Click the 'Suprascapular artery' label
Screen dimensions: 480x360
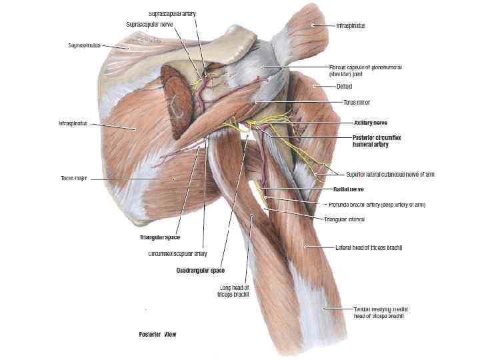172,13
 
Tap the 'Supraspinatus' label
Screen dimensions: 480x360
85,46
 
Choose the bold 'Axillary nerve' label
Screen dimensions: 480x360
371,123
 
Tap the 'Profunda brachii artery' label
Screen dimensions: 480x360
377,204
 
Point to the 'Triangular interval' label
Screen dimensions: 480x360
347,218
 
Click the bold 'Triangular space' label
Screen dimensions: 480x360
160,237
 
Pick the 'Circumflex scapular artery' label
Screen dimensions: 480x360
177,253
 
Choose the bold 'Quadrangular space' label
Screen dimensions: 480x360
201,270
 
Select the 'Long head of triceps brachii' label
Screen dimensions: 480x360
234,291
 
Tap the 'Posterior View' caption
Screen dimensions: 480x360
157,332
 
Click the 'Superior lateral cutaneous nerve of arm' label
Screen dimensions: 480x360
390,174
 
